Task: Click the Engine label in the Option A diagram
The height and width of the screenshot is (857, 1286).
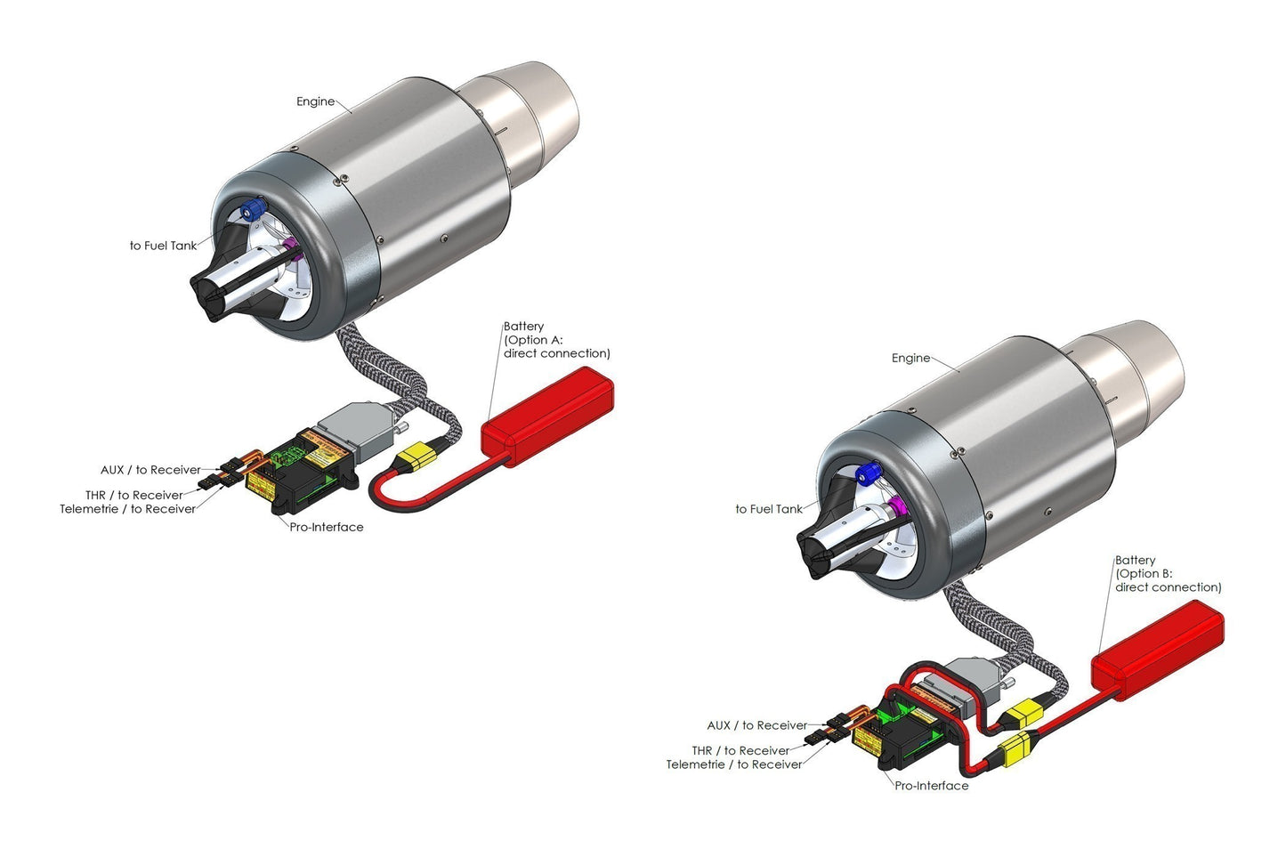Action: click(315, 101)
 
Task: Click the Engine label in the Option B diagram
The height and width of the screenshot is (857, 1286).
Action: click(910, 358)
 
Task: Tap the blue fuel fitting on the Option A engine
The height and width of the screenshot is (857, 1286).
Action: click(253, 209)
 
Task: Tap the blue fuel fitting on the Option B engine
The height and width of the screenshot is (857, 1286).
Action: click(868, 473)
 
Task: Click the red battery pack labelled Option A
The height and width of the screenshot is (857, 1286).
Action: click(547, 416)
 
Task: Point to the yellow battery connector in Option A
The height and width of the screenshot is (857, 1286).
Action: click(417, 457)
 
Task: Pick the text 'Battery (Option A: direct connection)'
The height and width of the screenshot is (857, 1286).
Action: click(556, 340)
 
